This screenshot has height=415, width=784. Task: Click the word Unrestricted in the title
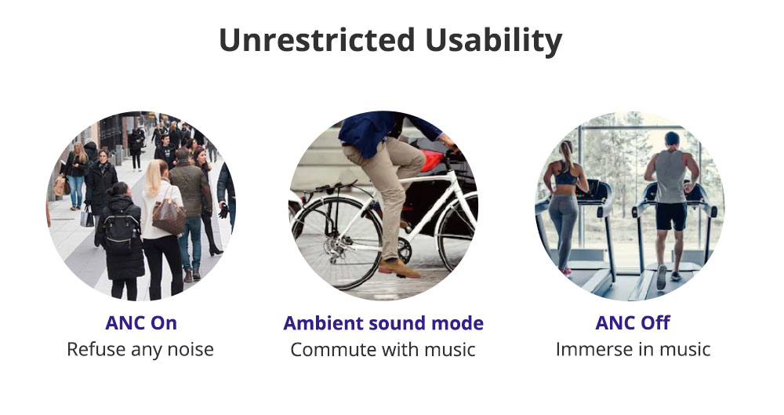click(317, 39)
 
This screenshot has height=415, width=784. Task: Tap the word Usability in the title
click(494, 41)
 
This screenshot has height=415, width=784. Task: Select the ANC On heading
click(141, 323)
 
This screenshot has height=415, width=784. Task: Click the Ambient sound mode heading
click(383, 323)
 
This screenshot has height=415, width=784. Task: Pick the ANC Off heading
click(632, 323)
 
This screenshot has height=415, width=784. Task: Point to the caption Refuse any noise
click(140, 349)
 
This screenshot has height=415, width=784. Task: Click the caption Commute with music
click(383, 349)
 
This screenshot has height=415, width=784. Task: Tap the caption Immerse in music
click(633, 349)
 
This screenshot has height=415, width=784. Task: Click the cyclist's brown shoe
click(398, 268)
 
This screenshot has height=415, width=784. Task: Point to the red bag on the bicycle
click(432, 160)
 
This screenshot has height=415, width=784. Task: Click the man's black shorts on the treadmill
click(671, 217)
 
